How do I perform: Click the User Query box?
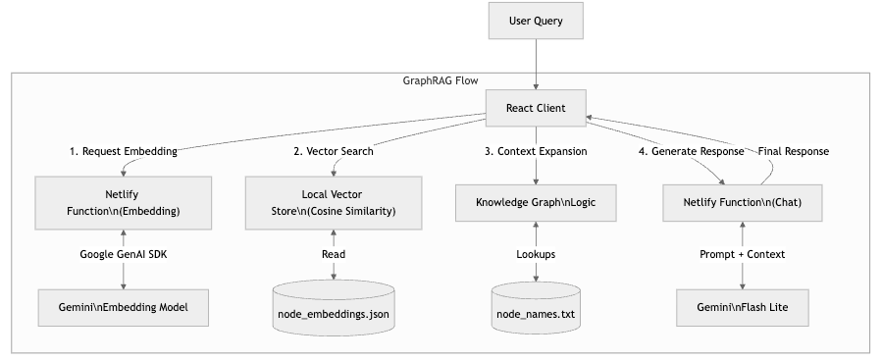(537, 21)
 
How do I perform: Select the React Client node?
(537, 107)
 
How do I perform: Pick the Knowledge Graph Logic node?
(537, 202)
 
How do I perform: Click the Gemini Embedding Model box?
(123, 307)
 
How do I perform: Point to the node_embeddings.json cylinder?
(334, 311)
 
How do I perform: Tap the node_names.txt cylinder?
(537, 311)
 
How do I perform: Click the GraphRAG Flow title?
(440, 81)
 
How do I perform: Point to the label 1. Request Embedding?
(123, 152)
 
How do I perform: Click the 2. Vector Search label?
(334, 152)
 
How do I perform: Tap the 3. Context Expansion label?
(537, 152)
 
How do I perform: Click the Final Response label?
(795, 152)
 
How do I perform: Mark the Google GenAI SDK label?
(123, 254)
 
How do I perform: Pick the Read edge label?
(334, 254)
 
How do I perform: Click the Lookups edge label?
(537, 254)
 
